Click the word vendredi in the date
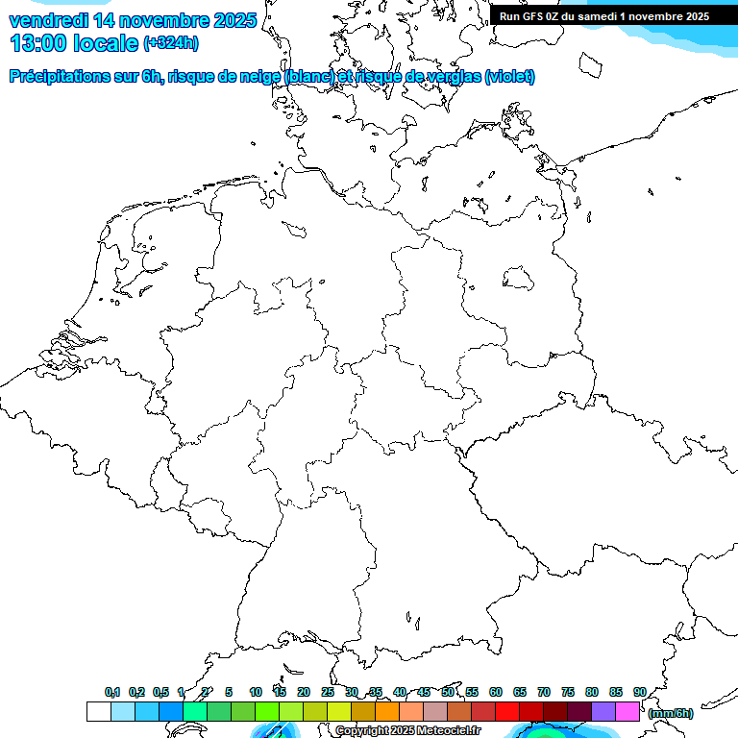[x=49, y=19]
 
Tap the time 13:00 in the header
[x=37, y=43]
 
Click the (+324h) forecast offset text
[x=171, y=43]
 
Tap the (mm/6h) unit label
[x=670, y=713]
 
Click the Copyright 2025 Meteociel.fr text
[x=407, y=731]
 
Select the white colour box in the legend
[x=98, y=711]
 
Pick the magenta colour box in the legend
[x=627, y=711]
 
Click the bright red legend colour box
[x=507, y=711]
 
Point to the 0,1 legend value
[x=111, y=692]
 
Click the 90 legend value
[x=639, y=692]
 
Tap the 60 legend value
[x=496, y=692]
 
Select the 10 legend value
[x=256, y=692]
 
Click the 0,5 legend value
[x=160, y=692]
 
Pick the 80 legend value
[x=592, y=692]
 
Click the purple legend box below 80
[x=603, y=711]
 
